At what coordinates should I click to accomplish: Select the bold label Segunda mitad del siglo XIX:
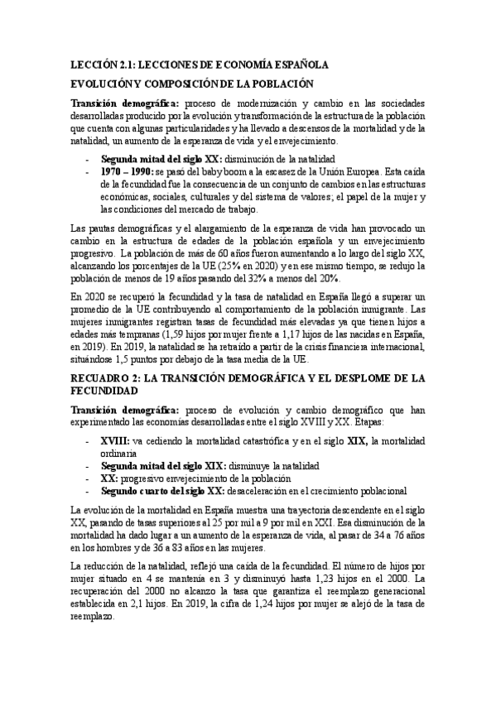pos(155,466)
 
